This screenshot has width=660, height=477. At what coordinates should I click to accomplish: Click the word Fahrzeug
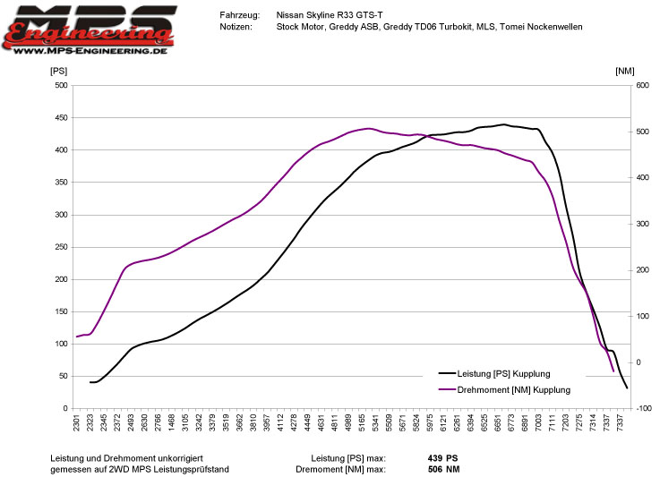coord(239,15)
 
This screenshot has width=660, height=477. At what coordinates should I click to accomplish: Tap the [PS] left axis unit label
coord(58,70)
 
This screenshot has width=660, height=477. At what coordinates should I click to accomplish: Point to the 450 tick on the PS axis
coord(61,118)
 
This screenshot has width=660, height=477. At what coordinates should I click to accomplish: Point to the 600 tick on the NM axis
coord(644,86)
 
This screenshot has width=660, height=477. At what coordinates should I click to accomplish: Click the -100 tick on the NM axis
coord(644,409)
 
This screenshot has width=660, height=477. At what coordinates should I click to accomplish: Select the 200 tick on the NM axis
coord(644,270)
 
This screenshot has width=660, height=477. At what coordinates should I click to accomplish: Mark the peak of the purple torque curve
coord(369,128)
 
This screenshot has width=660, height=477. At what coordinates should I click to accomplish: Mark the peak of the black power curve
coord(504,124)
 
